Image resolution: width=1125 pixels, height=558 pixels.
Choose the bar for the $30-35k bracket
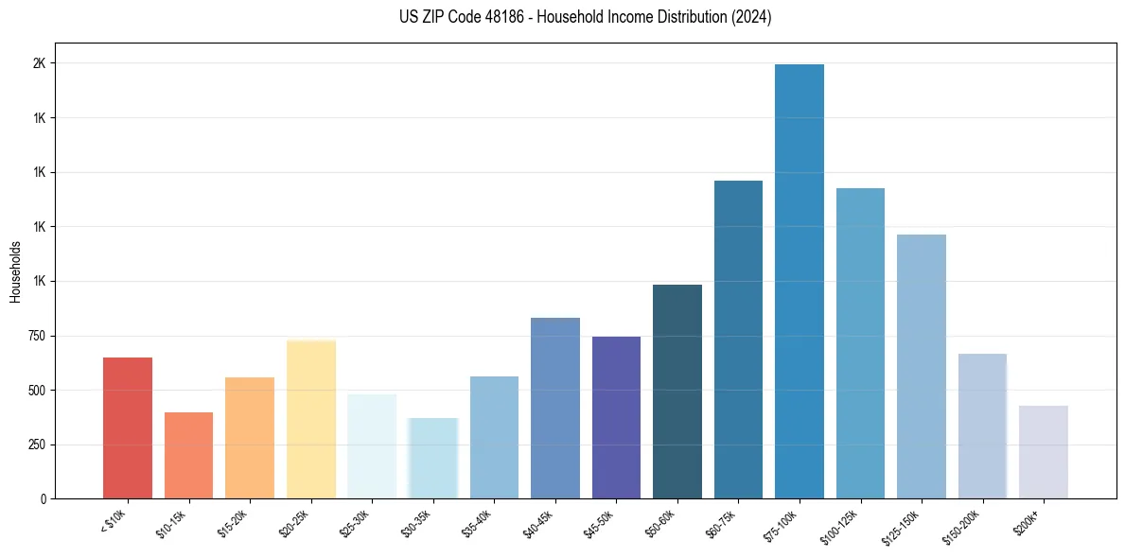432,458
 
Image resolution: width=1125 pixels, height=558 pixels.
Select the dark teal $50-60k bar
677,392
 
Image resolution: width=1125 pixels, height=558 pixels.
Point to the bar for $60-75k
738,340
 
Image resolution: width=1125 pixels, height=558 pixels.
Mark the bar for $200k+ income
1043,452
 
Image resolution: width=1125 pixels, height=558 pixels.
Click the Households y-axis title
16,271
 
